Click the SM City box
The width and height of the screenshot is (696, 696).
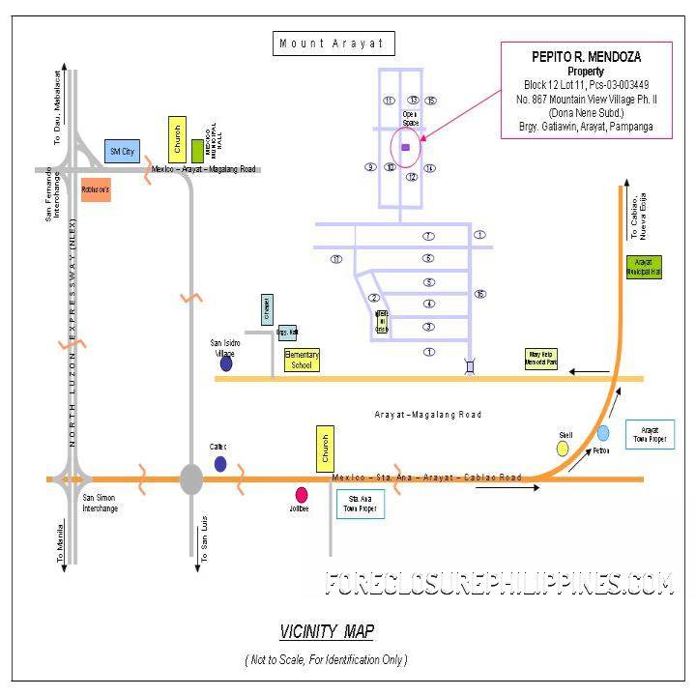123,151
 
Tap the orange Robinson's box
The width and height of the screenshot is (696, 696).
96,189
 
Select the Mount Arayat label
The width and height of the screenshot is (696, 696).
332,43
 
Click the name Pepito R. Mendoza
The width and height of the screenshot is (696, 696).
585,57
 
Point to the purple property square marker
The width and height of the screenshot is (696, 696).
405,147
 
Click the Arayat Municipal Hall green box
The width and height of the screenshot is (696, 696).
643,267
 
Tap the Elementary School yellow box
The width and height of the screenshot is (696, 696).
302,361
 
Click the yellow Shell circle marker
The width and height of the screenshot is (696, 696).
563,449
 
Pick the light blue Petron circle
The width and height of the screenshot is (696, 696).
603,433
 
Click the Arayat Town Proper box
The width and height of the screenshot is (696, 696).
650,433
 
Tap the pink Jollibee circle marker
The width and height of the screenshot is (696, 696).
302,494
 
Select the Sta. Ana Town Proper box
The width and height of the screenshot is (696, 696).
360,504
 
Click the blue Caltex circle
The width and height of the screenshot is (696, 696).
220,464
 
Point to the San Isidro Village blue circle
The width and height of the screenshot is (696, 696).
226,363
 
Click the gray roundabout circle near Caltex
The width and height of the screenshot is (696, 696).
191,478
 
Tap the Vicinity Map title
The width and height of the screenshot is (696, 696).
327,632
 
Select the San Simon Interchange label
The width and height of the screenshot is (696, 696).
101,503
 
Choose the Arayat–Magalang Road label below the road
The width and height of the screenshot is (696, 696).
427,414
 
